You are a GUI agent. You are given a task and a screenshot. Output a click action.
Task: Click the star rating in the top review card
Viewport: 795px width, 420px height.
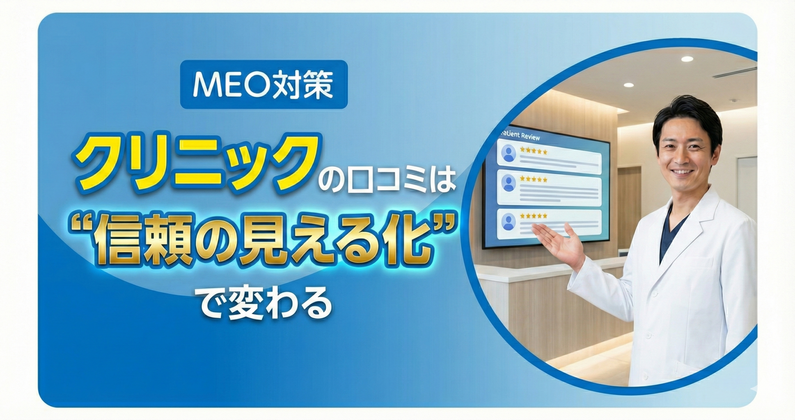point(533,152)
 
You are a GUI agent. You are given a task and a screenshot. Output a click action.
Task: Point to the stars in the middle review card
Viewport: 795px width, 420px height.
point(533,180)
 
